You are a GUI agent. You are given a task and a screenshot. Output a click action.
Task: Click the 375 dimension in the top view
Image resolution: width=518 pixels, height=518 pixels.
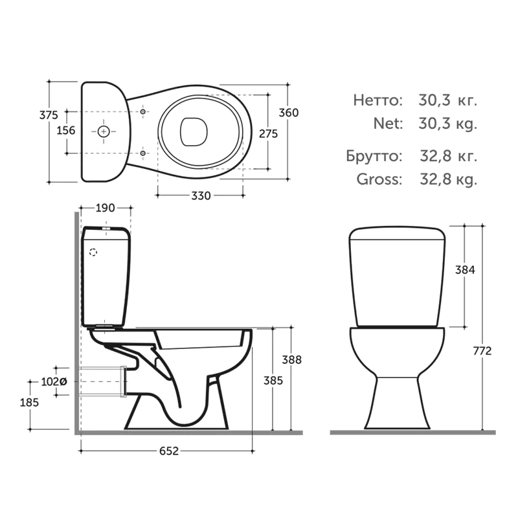[49, 115]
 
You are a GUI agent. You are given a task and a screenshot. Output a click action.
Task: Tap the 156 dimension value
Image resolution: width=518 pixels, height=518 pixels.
[66, 131]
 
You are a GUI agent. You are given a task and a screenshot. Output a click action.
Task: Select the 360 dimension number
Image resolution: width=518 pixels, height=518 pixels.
[289, 113]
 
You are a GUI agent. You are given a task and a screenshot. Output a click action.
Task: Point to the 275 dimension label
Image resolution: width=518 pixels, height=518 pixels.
[268, 134]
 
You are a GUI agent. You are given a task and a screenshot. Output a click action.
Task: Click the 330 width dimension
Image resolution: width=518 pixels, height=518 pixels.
[201, 196]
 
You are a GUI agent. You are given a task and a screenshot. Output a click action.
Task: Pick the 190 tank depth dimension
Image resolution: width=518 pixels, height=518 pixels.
[106, 208]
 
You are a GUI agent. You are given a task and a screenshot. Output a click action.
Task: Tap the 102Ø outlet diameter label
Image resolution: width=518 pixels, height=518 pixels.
[54, 382]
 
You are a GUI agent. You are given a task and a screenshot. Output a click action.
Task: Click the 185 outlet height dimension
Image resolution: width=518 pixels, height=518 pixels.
[29, 402]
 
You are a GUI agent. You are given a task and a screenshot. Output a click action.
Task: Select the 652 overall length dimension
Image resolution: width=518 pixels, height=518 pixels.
[169, 451]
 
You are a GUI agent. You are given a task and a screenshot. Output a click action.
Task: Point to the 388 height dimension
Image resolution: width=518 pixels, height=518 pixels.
[292, 360]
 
